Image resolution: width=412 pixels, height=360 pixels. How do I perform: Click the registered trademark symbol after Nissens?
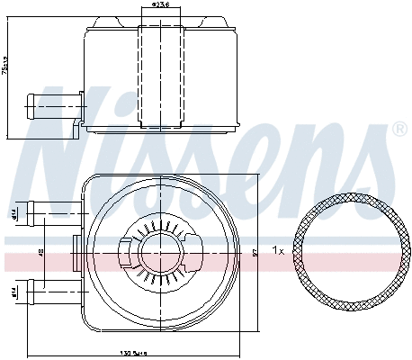(399, 130)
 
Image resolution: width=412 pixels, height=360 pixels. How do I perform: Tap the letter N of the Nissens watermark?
(67, 135)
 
